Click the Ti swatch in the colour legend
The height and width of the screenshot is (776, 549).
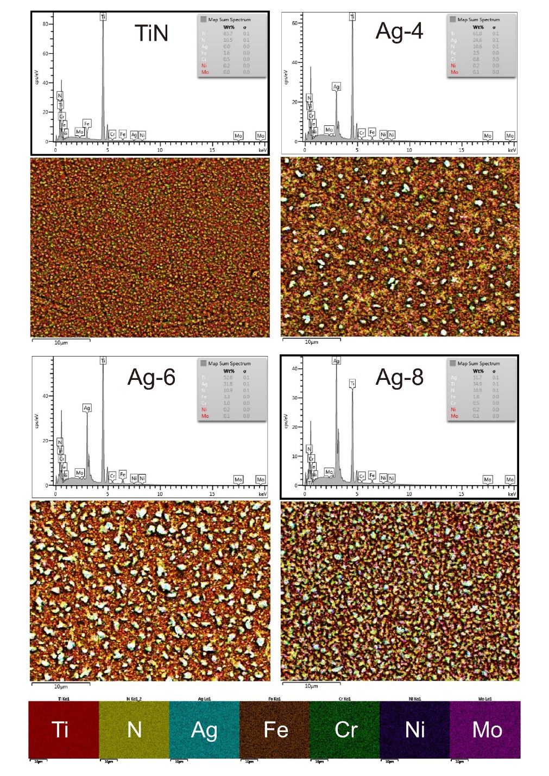pos(64,729)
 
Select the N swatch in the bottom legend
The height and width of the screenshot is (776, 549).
pos(134,729)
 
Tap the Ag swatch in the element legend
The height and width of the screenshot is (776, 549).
pos(204,729)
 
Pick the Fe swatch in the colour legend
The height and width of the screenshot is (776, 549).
pos(274,729)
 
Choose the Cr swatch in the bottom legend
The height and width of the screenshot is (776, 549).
pos(344,729)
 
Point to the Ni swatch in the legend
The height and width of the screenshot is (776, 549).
pos(414,729)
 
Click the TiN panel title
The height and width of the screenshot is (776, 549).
pos(152,34)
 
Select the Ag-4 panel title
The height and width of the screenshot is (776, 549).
pos(399,31)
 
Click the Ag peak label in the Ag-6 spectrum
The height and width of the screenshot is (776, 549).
pos(87,408)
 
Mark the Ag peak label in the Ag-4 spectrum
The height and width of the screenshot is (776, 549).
pos(336,87)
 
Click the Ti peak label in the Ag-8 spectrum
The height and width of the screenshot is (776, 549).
pos(352,384)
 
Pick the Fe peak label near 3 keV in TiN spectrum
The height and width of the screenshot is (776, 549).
pos(86,123)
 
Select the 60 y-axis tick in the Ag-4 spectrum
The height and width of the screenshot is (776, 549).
pos(294,23)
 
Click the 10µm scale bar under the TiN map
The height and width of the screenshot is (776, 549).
pos(61,341)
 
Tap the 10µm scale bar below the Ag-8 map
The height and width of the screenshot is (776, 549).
pos(311,685)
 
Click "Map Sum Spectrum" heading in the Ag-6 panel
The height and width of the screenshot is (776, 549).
pos(229,364)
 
